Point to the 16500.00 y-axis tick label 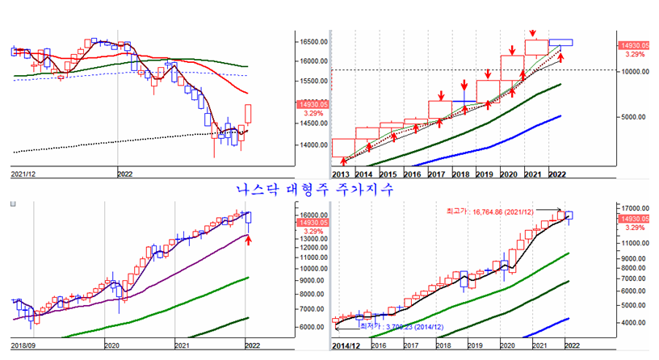click(311, 42)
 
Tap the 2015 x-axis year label click(388, 174)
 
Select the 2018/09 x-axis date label click(23, 344)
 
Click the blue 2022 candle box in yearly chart click(560, 42)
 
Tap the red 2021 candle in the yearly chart click(535, 47)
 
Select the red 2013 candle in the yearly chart click(343, 147)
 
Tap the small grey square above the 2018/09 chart click(11, 204)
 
